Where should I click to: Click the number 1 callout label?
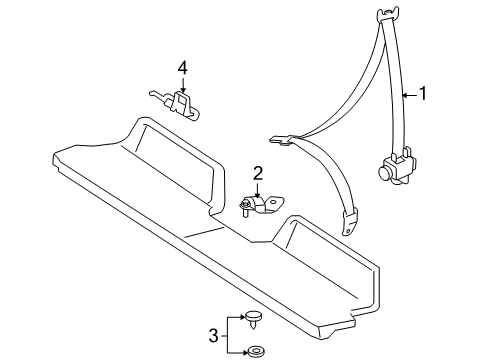coord(423,95)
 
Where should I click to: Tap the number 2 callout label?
coord(257,174)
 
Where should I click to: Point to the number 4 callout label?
coord(182,68)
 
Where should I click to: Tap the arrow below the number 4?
coord(182,84)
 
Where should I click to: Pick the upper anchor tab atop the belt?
coord(388,14)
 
